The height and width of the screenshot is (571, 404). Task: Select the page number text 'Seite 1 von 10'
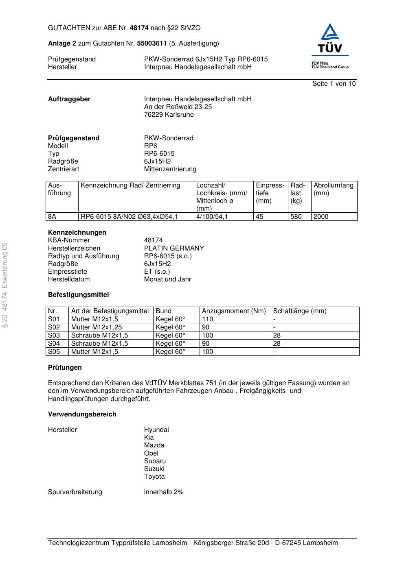tap(334, 84)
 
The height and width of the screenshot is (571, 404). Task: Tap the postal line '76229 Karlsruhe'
tap(169, 115)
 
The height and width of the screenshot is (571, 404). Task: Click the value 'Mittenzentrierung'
tap(170, 169)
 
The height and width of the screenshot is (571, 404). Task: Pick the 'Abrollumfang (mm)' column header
tap(333, 189)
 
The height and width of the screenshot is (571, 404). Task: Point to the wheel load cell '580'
tap(296, 217)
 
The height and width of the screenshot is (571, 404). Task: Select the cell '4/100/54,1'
tap(212, 217)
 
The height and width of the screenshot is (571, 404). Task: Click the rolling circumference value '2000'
tap(321, 217)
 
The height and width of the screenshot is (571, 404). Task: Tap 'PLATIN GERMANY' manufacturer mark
tap(174, 248)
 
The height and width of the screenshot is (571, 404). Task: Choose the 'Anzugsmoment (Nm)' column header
tap(234, 311)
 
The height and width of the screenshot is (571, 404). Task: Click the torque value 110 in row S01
tap(208, 319)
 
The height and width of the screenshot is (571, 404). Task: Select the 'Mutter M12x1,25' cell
tap(97, 327)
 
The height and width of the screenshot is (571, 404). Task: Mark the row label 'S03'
tap(54, 336)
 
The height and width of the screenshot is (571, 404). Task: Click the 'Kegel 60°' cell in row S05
tap(170, 352)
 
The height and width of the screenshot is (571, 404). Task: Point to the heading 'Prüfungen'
tap(65, 368)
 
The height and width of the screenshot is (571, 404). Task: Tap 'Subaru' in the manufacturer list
tap(155, 461)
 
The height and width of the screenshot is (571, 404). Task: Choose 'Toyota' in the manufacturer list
tap(154, 477)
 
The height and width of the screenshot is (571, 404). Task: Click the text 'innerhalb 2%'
tap(164, 492)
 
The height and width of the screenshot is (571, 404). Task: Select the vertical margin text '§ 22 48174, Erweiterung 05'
tap(5, 285)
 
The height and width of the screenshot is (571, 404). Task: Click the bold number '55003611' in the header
tap(152, 44)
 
